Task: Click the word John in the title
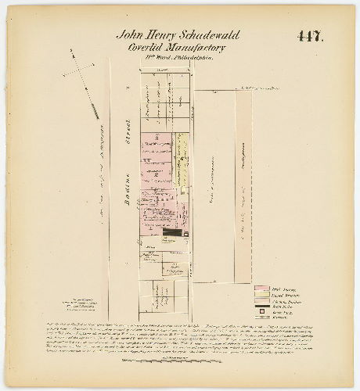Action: pos(130,36)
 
